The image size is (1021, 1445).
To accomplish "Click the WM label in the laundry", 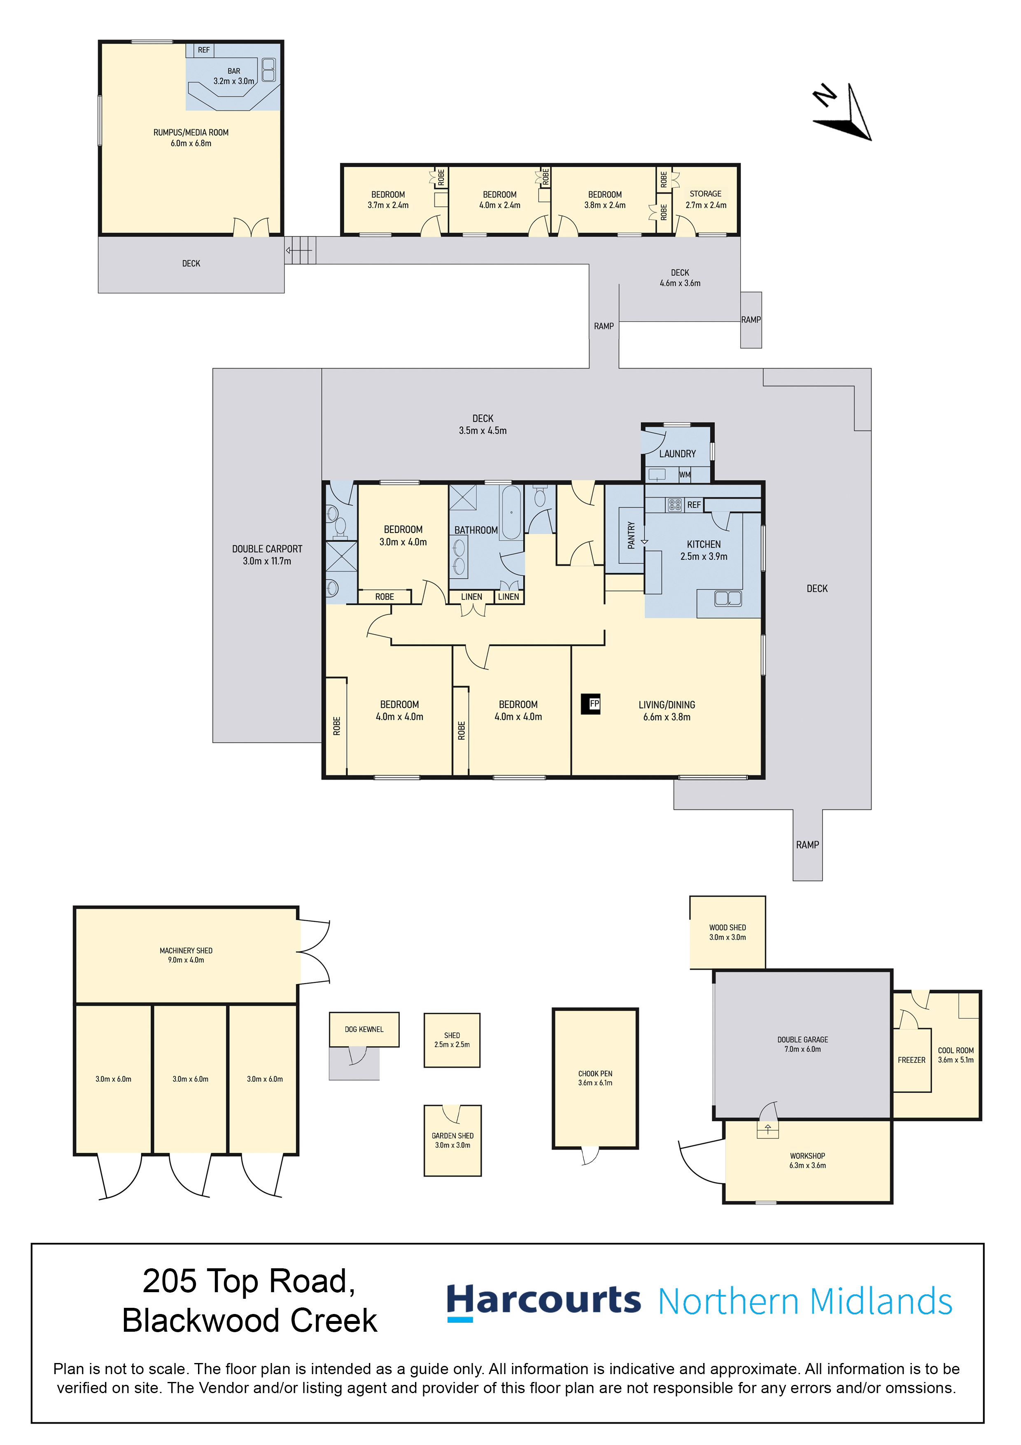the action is coord(685,475).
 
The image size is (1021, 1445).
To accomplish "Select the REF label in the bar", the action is coord(204,50).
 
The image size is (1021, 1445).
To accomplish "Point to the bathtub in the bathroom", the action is coord(511,512).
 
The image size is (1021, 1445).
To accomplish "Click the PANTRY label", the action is coord(631,535).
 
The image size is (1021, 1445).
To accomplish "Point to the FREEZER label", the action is coord(911,1060).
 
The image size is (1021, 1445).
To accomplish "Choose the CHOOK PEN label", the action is coord(595,1074).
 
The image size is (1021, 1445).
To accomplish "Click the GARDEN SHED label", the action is coord(452,1136).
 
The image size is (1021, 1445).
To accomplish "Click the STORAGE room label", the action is coord(705,194).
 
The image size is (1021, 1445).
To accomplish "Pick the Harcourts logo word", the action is coord(543,1302).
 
